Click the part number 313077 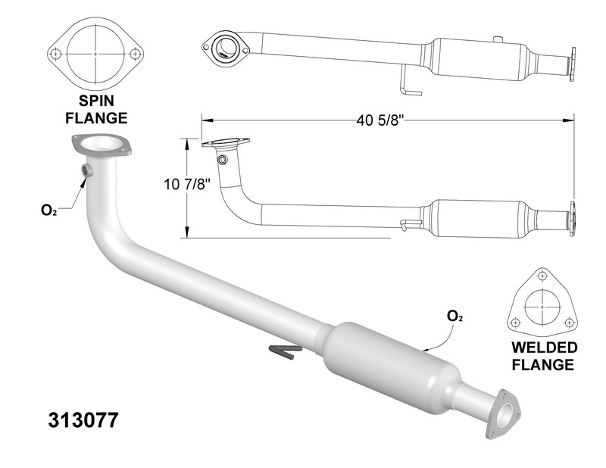[83, 420]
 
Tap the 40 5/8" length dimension [380, 120]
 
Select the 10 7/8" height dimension [187, 184]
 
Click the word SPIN [96, 101]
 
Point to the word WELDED [544, 348]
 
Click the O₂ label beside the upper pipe [49, 211]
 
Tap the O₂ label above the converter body [455, 317]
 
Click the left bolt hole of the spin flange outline [56, 54]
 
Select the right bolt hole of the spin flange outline [135, 54]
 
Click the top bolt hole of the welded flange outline [542, 276]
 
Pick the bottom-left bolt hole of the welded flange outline [515, 322]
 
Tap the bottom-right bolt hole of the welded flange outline [569, 322]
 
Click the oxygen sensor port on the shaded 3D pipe [87, 170]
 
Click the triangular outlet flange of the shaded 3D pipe [502, 414]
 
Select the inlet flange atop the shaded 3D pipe [102, 145]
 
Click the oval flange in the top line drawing [226, 48]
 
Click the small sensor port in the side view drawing [222, 160]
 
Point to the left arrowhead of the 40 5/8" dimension [207, 120]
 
